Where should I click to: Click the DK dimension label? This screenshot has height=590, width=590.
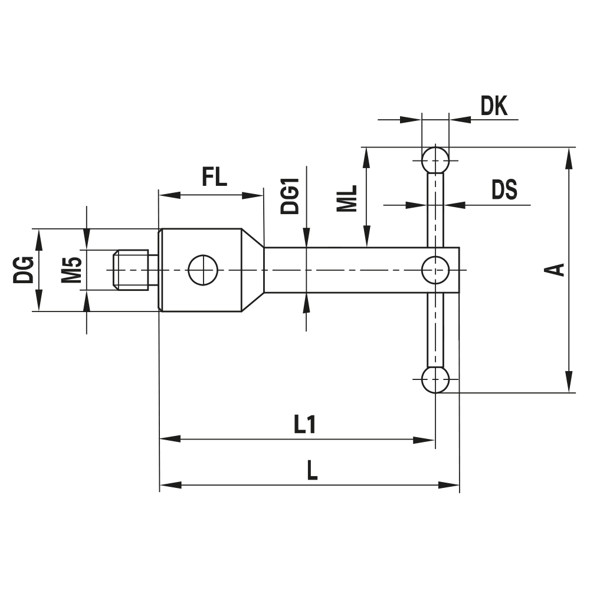[x=494, y=106]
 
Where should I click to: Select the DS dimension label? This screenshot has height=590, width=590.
[x=504, y=190]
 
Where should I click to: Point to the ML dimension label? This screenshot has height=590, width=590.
[x=348, y=198]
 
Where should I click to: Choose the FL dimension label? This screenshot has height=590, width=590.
[x=214, y=177]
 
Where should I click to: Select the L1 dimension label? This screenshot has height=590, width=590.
[x=304, y=425]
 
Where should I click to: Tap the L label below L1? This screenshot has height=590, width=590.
[x=313, y=470]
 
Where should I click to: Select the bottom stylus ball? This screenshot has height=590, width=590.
[x=435, y=380]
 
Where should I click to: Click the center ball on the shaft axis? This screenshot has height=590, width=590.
[x=435, y=270]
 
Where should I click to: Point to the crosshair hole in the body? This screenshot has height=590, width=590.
[x=203, y=270]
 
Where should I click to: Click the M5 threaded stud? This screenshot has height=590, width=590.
[x=133, y=270]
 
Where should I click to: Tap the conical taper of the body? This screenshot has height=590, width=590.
[x=251, y=270]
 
